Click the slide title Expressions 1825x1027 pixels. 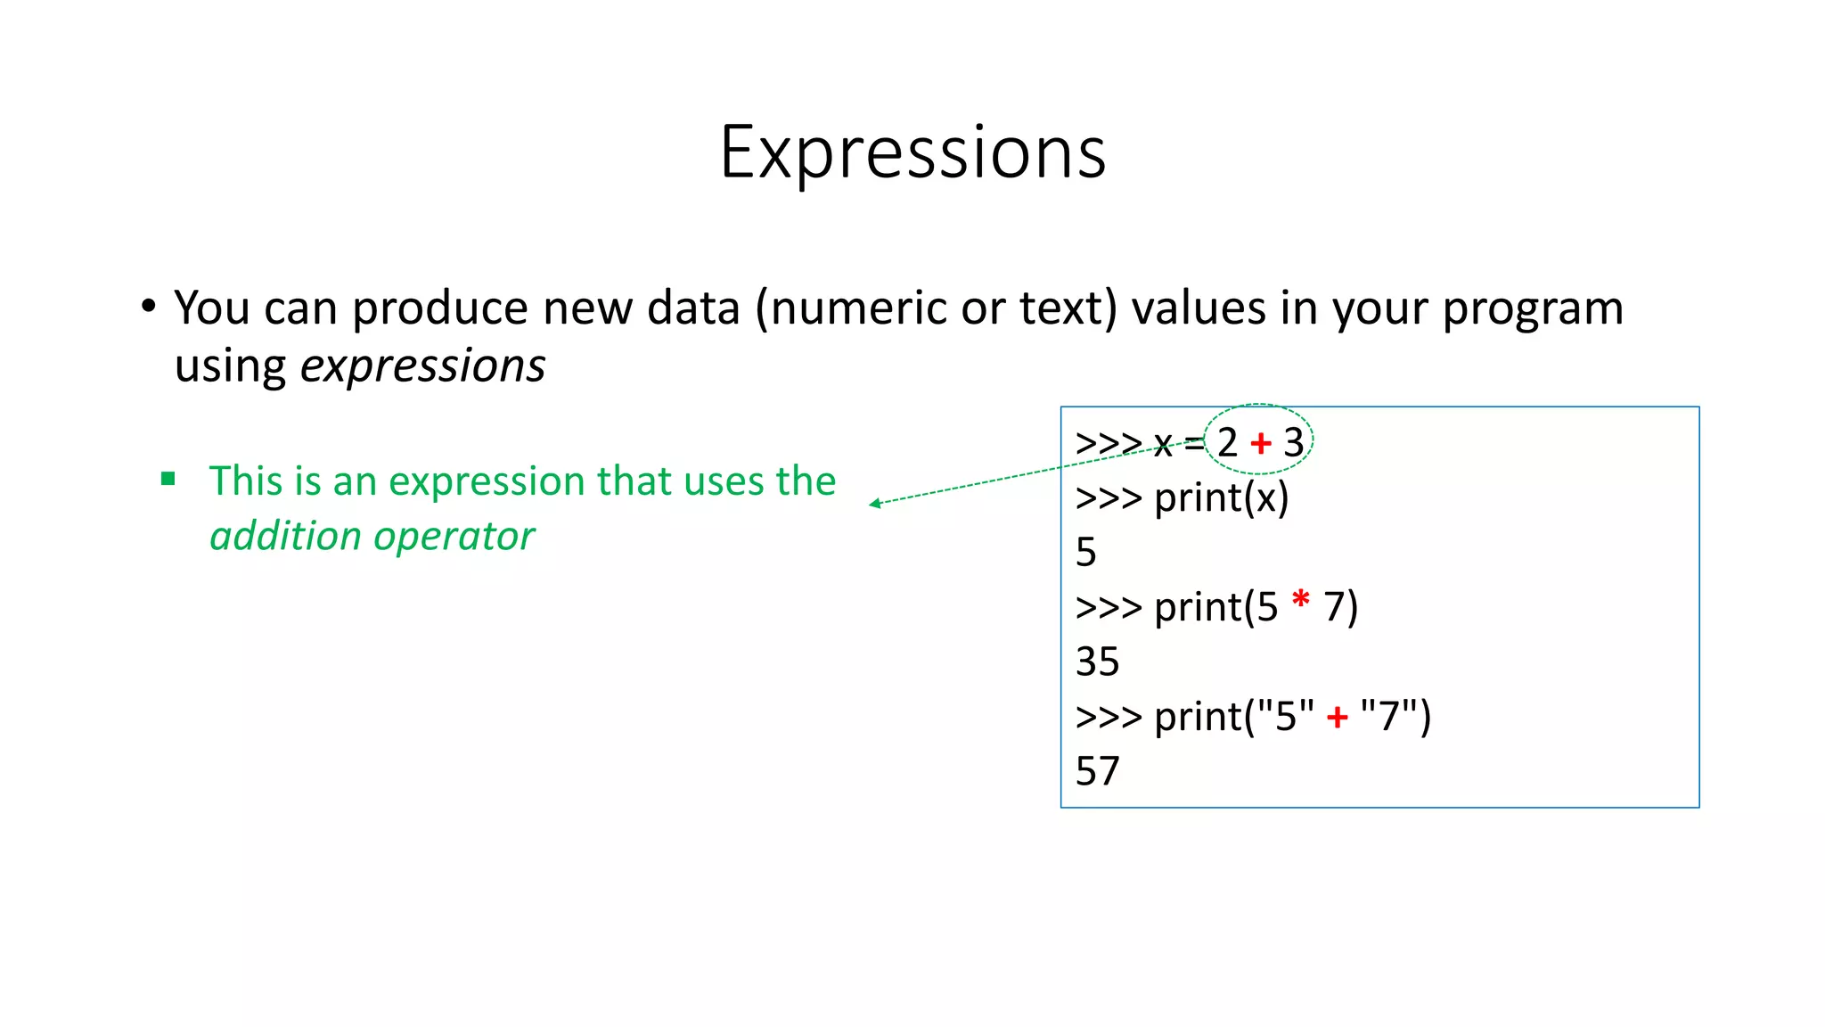tap(912, 152)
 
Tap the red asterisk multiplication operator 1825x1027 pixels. tap(1300, 600)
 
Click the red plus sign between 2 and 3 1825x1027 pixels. tap(1260, 442)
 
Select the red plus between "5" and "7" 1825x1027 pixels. tap(1337, 717)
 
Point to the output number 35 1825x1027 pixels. tap(1097, 661)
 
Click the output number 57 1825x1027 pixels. tap(1097, 771)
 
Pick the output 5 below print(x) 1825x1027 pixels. tap(1085, 552)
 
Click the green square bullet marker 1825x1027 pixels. tap(168, 480)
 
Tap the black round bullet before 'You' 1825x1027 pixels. tap(149, 306)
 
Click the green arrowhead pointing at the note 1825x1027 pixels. tap(875, 504)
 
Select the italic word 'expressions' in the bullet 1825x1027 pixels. tap(422, 366)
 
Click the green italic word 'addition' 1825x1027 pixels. tap(285, 536)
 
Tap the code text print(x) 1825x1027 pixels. tap(1221, 497)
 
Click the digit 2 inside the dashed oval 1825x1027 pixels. tap(1227, 442)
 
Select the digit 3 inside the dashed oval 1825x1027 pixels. tap(1293, 442)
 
